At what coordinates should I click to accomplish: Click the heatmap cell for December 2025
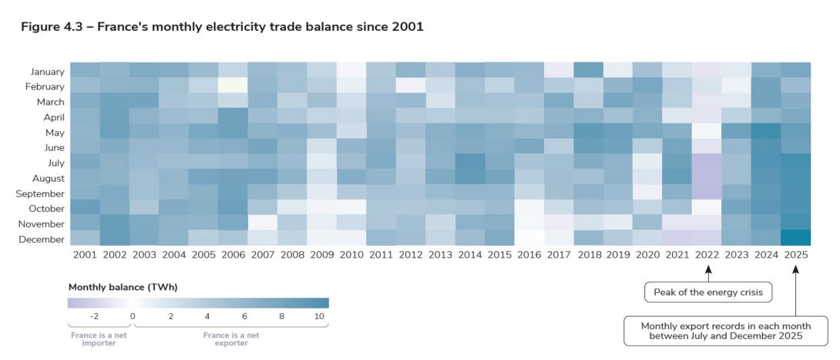click(796, 238)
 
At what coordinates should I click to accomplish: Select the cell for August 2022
click(707, 177)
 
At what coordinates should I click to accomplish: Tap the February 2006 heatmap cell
click(232, 85)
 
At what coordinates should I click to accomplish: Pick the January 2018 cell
click(588, 69)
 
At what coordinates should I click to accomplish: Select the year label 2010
click(351, 254)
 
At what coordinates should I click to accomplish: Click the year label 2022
click(707, 254)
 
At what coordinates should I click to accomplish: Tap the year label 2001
click(84, 254)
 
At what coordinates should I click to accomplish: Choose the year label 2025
click(796, 254)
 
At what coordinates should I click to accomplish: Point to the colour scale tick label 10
click(320, 316)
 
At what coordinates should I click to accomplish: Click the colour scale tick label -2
click(95, 316)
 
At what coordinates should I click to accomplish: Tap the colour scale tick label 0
click(133, 316)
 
